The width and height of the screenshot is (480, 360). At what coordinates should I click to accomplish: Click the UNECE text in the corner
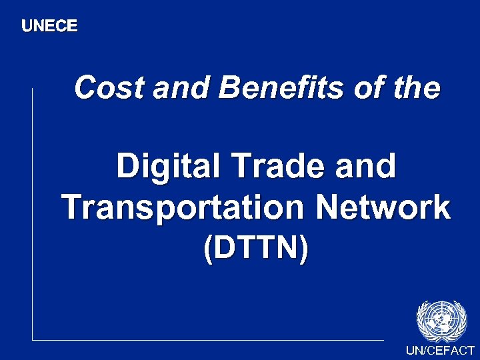[x=49, y=26]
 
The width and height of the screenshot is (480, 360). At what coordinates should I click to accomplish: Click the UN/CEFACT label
[x=440, y=351]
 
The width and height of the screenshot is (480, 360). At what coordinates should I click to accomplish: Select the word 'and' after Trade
[x=367, y=166]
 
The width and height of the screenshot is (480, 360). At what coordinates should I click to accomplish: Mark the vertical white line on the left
[x=32, y=213]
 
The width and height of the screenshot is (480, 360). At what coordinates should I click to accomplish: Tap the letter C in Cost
[x=85, y=88]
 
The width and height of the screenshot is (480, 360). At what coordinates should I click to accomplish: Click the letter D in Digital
[x=129, y=166]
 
